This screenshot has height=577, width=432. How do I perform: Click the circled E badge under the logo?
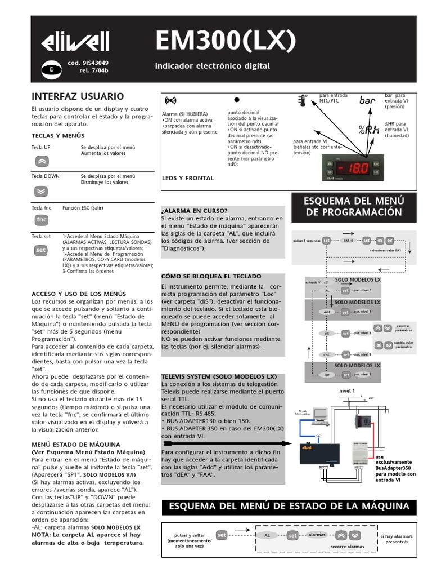(x=51, y=69)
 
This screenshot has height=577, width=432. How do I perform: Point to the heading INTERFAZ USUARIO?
(x=78, y=96)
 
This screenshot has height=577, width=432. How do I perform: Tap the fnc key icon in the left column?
(x=41, y=219)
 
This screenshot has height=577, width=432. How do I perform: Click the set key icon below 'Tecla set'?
(x=41, y=249)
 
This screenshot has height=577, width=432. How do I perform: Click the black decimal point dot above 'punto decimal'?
(x=237, y=99)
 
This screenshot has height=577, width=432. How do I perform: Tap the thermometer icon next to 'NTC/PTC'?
(x=303, y=100)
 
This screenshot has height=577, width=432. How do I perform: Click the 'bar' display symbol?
(x=367, y=100)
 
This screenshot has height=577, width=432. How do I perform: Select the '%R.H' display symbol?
(x=368, y=131)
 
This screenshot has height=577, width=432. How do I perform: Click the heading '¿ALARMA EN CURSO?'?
(x=194, y=210)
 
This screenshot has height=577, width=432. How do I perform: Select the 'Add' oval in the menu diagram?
(x=327, y=312)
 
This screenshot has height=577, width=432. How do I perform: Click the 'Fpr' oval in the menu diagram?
(x=327, y=374)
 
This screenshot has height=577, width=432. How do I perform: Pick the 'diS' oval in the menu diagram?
(x=327, y=334)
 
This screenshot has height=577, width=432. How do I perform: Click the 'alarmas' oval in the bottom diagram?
(x=317, y=534)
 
